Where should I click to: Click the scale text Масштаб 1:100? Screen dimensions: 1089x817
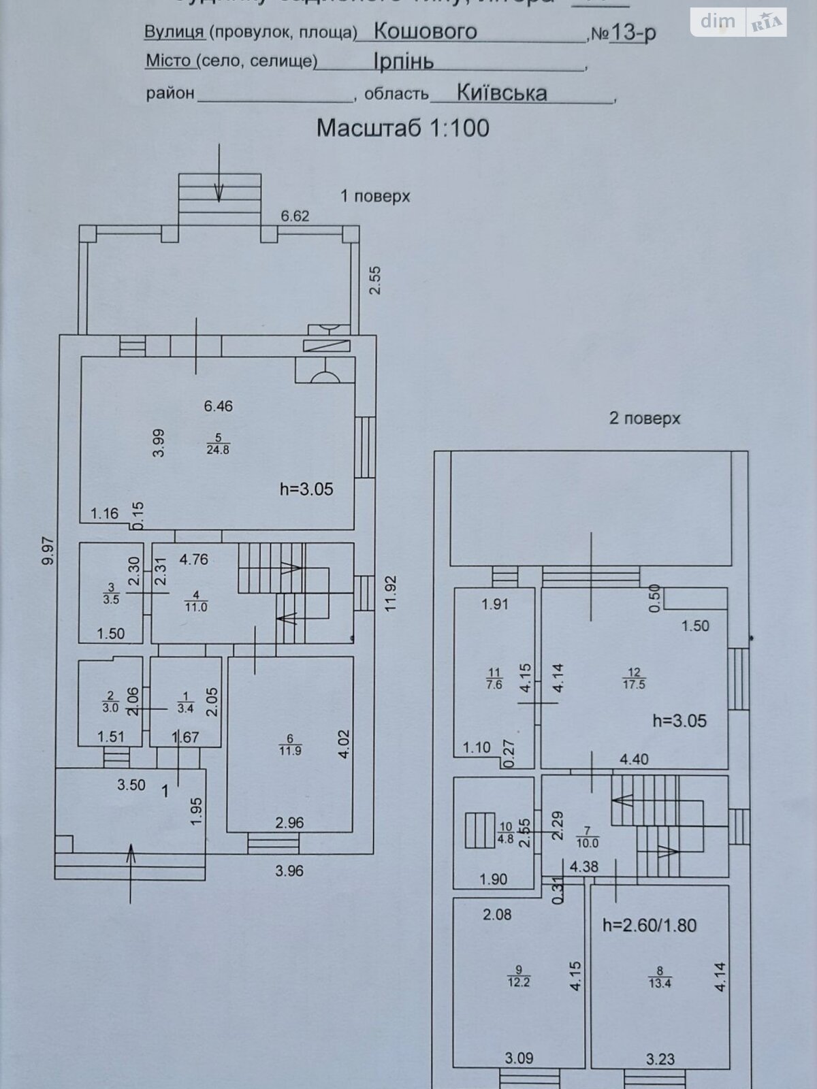(x=403, y=128)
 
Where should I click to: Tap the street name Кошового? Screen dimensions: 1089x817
(x=426, y=31)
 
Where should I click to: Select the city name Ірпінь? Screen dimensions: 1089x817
(x=403, y=61)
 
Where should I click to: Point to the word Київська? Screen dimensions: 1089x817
(x=502, y=93)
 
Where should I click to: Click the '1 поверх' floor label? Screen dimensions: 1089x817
(x=375, y=197)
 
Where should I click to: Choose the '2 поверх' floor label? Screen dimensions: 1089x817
(x=644, y=418)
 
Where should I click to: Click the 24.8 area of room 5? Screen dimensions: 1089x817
(x=218, y=449)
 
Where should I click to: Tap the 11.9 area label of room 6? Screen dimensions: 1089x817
(x=290, y=751)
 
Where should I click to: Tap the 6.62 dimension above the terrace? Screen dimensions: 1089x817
(x=295, y=216)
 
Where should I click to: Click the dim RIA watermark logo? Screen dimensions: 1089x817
(x=738, y=22)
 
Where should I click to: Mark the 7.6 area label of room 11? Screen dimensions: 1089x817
(x=494, y=685)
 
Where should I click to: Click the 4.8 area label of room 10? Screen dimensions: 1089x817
(x=506, y=839)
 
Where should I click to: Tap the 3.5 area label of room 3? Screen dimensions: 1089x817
(x=112, y=600)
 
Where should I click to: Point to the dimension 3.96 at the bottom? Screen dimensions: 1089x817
(x=289, y=871)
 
